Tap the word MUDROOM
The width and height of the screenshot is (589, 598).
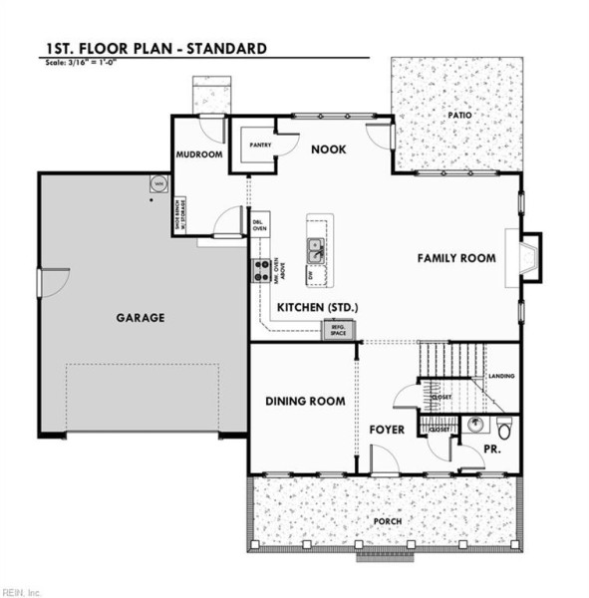198,154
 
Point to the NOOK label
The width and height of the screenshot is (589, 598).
328,149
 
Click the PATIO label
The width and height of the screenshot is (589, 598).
458,116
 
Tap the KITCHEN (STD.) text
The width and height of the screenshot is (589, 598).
318,306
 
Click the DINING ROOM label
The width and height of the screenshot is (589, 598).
305,401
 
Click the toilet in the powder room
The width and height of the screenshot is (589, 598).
504,430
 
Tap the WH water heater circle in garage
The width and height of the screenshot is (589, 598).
158,183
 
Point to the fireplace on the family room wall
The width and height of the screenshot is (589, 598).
525,257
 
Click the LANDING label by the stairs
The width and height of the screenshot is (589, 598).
500,377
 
